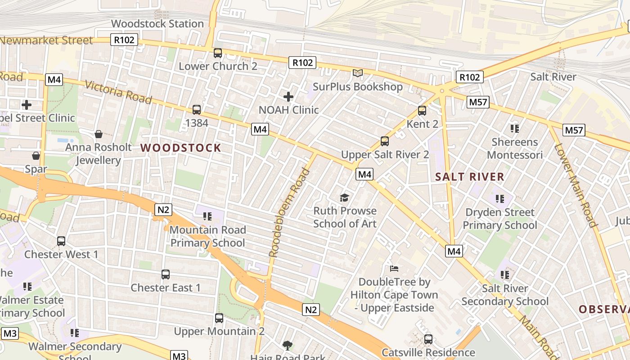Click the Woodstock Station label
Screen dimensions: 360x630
157,23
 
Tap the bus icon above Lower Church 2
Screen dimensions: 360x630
218,53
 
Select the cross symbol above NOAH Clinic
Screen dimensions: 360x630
288,96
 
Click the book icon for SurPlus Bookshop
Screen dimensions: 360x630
358,73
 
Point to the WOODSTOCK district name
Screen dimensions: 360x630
181,148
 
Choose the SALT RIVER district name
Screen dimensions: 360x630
470,177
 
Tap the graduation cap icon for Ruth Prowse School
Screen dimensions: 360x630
345,198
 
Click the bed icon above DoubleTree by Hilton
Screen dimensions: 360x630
394,269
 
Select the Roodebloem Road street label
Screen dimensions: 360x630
289,212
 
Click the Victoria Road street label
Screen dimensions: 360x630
118,92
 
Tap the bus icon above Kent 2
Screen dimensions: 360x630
422,110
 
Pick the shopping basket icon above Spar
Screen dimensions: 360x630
36,156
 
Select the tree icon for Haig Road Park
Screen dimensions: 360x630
287,346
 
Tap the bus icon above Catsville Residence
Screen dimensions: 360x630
428,339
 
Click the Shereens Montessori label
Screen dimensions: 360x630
515,148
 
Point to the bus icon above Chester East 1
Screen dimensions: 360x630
166,274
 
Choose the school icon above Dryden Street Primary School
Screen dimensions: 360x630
500,198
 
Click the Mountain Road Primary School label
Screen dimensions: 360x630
208,236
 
